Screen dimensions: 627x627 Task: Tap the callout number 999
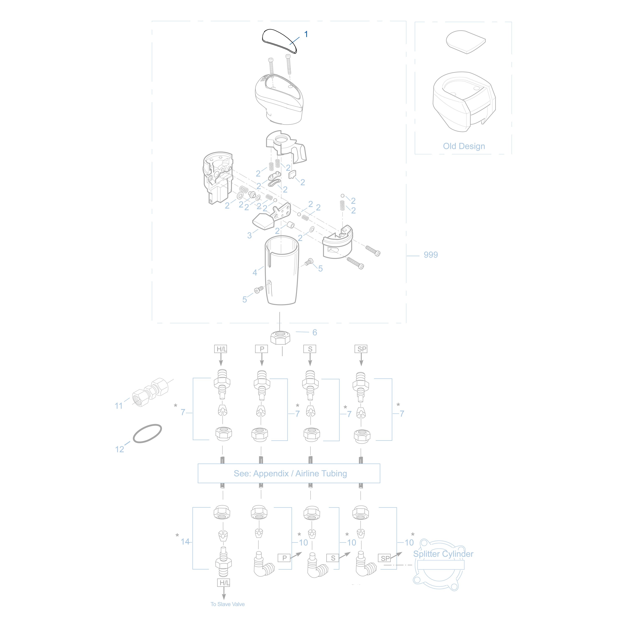point(431,255)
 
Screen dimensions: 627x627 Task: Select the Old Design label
point(464,146)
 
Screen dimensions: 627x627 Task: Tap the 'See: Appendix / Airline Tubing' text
point(290,474)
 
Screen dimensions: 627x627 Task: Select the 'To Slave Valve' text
point(228,604)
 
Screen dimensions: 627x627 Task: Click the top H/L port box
point(221,349)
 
